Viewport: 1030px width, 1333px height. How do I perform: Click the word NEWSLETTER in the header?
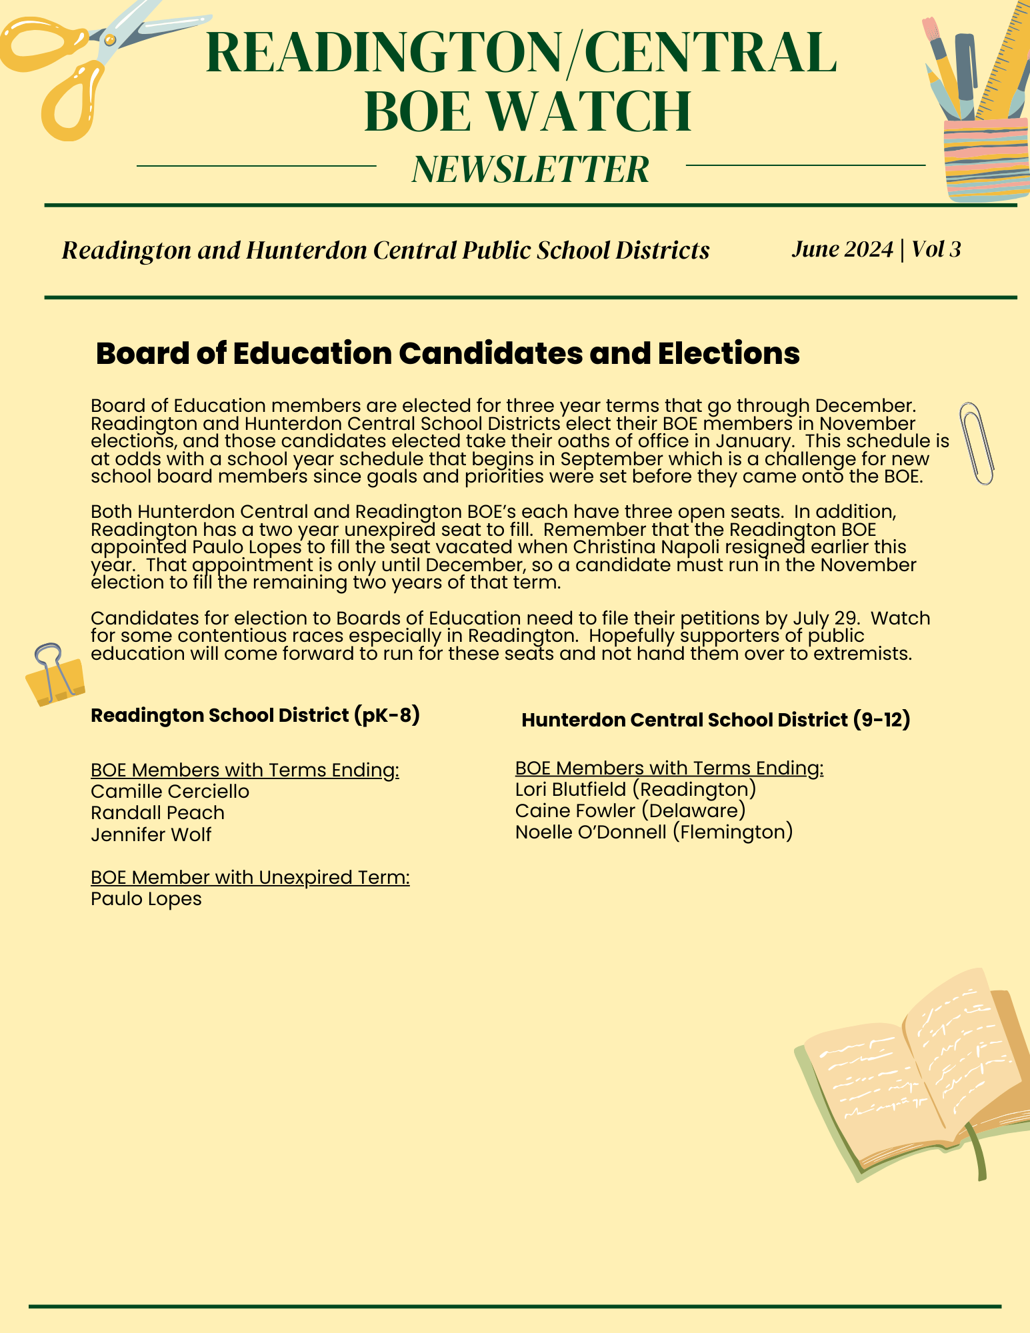point(530,169)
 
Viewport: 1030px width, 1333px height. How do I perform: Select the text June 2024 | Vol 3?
point(876,249)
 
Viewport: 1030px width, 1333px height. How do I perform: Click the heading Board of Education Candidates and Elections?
point(447,353)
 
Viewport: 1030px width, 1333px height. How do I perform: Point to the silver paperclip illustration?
point(976,443)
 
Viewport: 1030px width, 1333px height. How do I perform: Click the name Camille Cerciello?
point(170,791)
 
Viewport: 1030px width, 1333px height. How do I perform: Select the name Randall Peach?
point(157,812)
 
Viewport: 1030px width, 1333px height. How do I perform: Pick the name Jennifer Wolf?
point(151,834)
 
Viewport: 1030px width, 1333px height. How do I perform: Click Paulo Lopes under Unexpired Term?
point(146,898)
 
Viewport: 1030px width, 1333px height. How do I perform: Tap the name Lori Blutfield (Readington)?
point(635,789)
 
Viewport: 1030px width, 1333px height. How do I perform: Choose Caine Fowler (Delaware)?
point(630,810)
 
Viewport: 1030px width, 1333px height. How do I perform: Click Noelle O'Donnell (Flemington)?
point(653,832)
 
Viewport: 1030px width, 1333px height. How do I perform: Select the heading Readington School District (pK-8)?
point(255,715)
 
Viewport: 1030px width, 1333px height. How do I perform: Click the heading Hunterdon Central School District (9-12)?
point(715,720)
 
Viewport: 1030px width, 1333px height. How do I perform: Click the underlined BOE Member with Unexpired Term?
point(250,877)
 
